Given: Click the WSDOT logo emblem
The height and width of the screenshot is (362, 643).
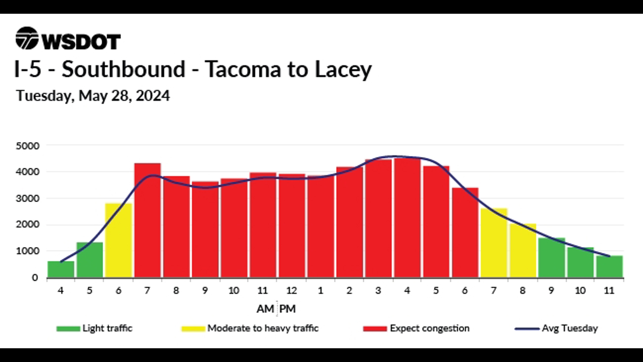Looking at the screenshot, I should click(x=27, y=38).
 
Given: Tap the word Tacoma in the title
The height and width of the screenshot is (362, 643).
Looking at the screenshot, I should click(x=242, y=69).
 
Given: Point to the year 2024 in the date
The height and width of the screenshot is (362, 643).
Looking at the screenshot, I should click(x=153, y=96).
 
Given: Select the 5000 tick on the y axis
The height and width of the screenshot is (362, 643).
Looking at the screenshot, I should click(x=27, y=146).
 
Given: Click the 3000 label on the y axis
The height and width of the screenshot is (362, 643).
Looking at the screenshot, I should click(x=27, y=198).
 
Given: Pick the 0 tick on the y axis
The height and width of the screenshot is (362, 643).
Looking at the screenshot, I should click(x=35, y=278).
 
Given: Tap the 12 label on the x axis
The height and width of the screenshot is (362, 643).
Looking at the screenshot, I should click(x=291, y=290).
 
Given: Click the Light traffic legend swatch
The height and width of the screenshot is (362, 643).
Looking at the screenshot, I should click(x=68, y=328).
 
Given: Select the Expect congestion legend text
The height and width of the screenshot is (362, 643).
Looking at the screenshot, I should click(x=430, y=328).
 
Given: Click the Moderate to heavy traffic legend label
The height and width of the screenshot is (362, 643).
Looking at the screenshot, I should click(x=263, y=328).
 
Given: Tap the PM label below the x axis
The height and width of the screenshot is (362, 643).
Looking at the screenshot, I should click(x=287, y=309).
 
